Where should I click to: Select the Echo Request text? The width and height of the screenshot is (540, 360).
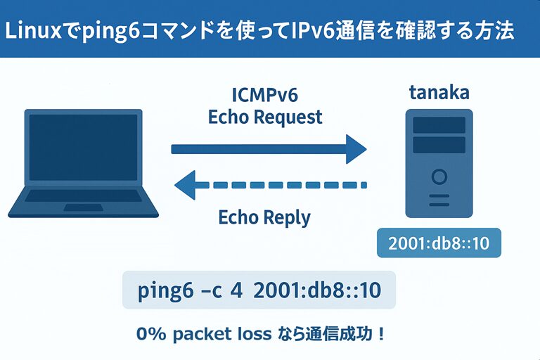pos(265,116)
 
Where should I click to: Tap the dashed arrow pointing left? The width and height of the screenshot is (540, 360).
pos(270,186)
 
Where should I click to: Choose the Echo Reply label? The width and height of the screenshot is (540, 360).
pos(264,217)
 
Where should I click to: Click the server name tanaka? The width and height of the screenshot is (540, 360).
pos(439,93)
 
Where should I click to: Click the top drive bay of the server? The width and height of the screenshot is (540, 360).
pos(439,125)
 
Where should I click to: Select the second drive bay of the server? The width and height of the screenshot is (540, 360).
pos(439,145)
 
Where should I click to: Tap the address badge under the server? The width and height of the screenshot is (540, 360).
pos(439,243)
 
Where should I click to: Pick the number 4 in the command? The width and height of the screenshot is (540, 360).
pos(236,290)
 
